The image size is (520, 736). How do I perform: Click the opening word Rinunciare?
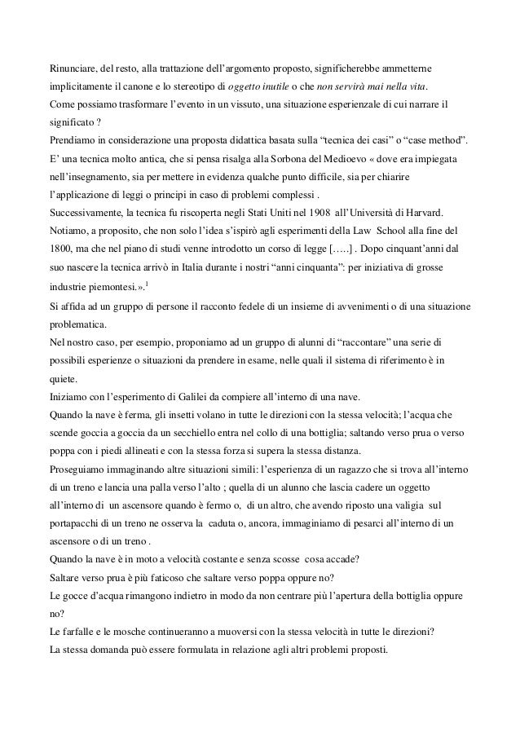tap(75, 68)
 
